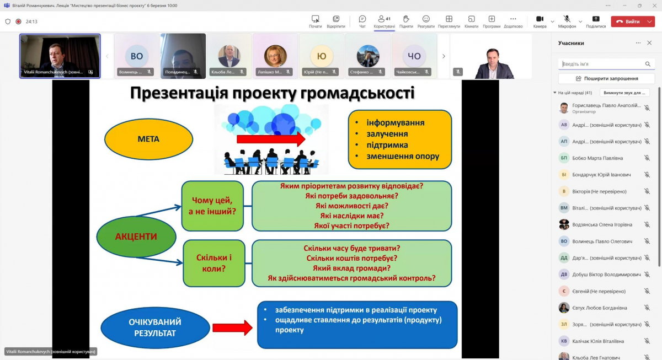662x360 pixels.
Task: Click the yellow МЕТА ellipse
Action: click(x=148, y=139)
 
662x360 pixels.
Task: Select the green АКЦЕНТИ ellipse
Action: click(x=136, y=237)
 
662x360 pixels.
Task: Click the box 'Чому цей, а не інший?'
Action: click(x=212, y=206)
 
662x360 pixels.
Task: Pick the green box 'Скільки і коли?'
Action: click(x=214, y=263)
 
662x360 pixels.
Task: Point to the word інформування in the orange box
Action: click(x=396, y=122)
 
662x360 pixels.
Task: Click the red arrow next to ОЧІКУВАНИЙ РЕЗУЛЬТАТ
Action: click(x=232, y=328)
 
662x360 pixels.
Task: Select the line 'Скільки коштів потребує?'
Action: click(x=351, y=258)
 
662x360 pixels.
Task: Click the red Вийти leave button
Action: click(x=628, y=22)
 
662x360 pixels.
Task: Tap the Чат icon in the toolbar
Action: click(x=362, y=22)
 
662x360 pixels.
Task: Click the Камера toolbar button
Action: click(x=540, y=22)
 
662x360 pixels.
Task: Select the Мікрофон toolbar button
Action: click(x=567, y=22)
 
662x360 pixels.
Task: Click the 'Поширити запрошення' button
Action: click(x=606, y=79)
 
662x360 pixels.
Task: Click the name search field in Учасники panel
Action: click(x=601, y=64)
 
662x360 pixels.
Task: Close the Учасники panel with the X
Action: click(x=649, y=43)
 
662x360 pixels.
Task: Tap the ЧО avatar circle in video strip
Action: click(x=414, y=56)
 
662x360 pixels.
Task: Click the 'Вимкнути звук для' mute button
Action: click(x=624, y=93)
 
